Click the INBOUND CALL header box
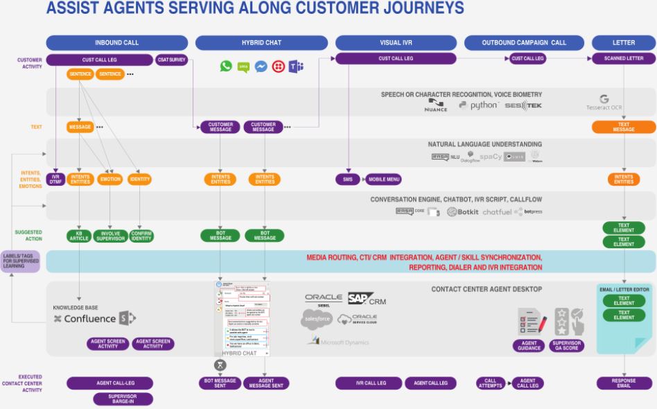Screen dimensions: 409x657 coord(116,43)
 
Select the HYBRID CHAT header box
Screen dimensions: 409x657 coord(261,43)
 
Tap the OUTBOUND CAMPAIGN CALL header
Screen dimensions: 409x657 coord(524,43)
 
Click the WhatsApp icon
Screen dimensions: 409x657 coord(226,67)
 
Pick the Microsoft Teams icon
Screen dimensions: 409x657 coord(296,67)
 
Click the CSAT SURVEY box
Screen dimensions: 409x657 coord(171,60)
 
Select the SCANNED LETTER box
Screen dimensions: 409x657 coord(624,59)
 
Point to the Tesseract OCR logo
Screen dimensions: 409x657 coord(604,103)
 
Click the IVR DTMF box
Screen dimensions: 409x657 coord(55,180)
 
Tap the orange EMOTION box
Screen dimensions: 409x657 coord(110,180)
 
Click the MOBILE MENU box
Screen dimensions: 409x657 coord(383,180)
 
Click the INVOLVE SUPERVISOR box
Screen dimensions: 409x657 coord(110,236)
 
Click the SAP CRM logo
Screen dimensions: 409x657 coord(367,299)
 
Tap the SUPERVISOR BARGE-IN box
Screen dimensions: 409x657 coord(123,399)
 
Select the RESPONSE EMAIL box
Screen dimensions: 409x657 coord(624,383)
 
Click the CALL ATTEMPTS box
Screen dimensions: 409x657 coord(491,383)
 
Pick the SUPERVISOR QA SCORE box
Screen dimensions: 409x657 coord(566,345)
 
